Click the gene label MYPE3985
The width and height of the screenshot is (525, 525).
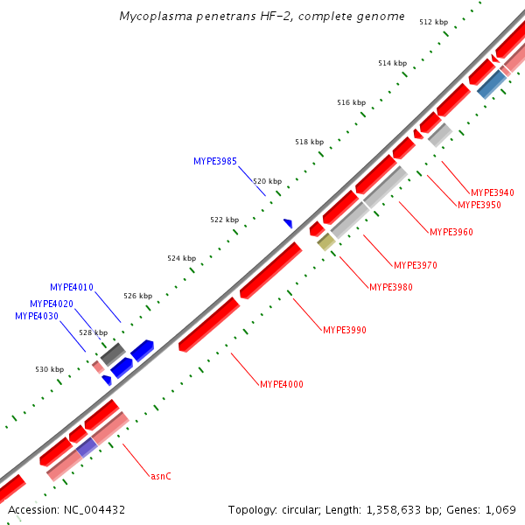click(x=214, y=161)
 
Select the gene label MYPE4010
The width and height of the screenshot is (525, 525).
click(x=72, y=287)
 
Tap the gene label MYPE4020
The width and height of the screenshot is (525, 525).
click(x=51, y=304)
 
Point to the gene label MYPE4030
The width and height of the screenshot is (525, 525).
click(x=37, y=316)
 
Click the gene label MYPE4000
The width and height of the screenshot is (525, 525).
click(x=282, y=384)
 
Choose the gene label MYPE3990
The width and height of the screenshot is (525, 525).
click(x=344, y=331)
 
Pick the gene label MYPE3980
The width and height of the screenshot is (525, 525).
click(x=390, y=287)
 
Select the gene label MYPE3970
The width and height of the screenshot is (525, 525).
click(x=415, y=265)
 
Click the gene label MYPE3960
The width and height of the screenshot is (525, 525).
click(x=451, y=233)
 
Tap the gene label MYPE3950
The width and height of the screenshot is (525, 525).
click(x=479, y=206)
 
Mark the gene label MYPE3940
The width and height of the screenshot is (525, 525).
click(x=493, y=192)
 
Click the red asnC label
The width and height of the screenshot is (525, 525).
click(x=160, y=477)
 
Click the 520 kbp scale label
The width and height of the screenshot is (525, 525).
click(x=268, y=181)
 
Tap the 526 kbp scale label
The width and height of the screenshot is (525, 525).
click(x=137, y=296)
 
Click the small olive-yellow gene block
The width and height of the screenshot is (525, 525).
click(x=325, y=241)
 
